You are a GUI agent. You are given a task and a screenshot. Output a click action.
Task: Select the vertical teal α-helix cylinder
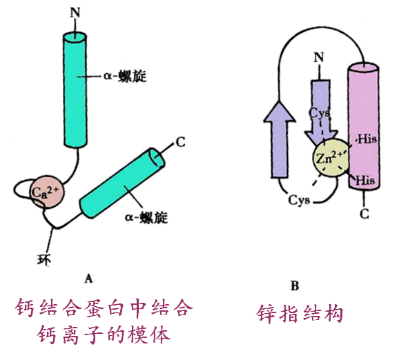75,90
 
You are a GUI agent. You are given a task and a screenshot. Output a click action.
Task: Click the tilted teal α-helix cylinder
122,183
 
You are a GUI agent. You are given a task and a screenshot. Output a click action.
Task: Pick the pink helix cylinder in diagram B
364,127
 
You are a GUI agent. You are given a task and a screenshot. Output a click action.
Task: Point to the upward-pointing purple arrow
280,139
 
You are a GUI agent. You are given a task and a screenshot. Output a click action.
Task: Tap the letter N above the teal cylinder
75,12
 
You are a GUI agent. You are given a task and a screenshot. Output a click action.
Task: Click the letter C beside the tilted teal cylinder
180,142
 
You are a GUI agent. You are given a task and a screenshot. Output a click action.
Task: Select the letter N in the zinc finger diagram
319,57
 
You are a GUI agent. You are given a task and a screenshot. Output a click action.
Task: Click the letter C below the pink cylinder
365,214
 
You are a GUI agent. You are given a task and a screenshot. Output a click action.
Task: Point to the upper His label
367,139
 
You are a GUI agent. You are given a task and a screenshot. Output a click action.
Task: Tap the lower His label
365,180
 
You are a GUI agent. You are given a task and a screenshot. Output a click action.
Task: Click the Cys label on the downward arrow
319,113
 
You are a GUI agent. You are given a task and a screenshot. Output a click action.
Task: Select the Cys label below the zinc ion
299,201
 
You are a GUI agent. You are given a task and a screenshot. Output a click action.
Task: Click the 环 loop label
43,259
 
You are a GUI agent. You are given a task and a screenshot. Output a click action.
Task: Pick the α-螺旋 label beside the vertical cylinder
125,77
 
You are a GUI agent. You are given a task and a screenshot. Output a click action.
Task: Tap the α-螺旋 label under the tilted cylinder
146,217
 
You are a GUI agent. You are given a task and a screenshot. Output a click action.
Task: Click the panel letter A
89,279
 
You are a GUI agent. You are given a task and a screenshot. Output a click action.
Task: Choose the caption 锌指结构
300,314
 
